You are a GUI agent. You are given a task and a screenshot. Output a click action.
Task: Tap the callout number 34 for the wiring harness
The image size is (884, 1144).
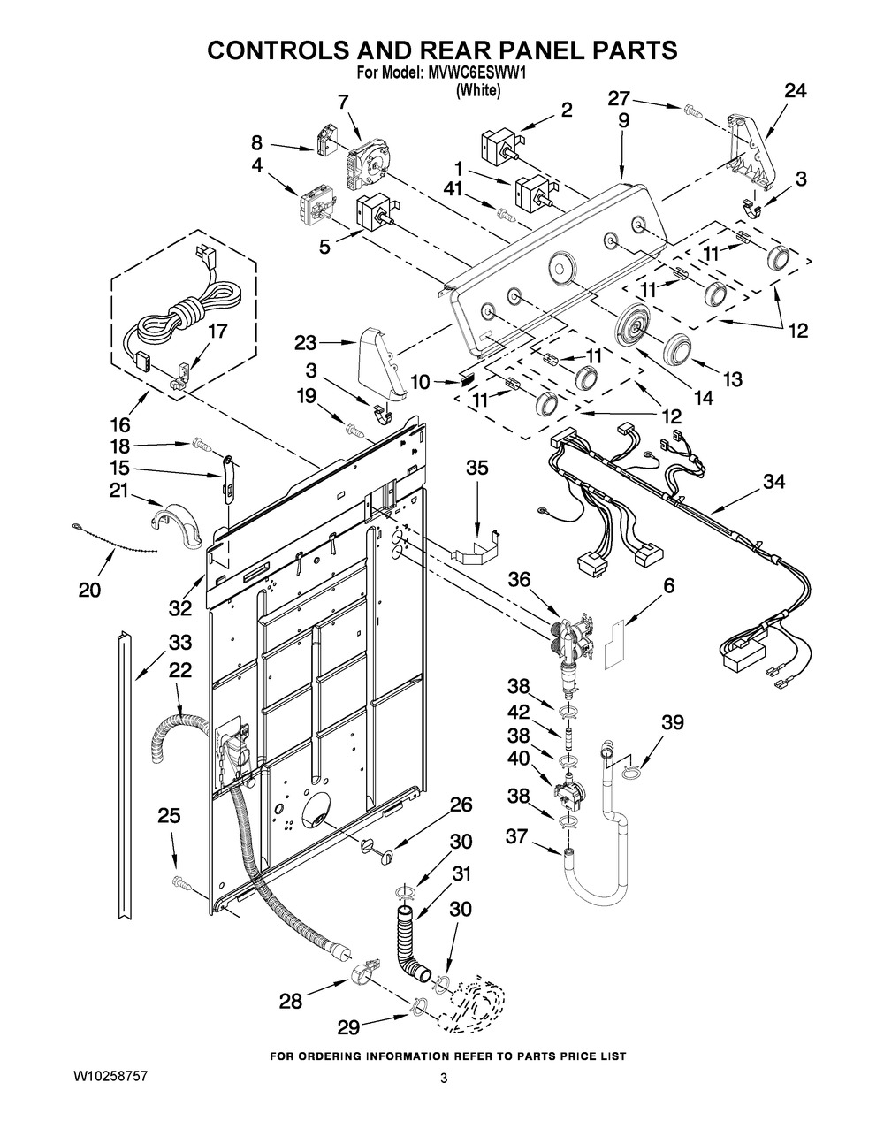774,482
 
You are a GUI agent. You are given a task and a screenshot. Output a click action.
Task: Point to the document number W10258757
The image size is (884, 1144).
110,1077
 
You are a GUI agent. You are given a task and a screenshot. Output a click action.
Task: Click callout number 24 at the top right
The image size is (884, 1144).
796,90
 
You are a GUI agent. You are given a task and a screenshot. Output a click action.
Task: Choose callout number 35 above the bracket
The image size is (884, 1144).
476,469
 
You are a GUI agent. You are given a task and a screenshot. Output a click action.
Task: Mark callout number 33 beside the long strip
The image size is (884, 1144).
179,641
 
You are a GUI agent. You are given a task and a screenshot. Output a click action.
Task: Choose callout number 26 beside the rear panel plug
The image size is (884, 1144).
461,805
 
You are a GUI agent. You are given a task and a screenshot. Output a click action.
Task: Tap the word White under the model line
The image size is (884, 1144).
478,90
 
